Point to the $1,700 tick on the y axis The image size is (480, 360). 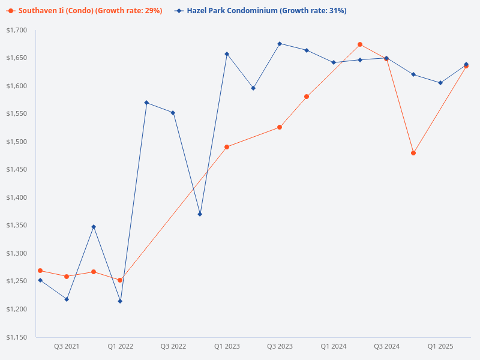(16, 30)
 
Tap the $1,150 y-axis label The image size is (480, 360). (16, 337)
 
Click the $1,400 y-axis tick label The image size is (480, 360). (16, 197)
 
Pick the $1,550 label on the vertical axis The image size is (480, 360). (16, 114)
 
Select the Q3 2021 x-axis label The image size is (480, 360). (67, 347)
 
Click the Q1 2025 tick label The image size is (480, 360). (440, 347)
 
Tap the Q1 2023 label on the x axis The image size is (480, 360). (227, 347)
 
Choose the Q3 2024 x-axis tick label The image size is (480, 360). (386, 347)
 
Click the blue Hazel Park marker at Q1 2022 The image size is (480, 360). (120, 301)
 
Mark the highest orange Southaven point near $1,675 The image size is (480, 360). (360, 44)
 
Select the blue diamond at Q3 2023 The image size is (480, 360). (280, 44)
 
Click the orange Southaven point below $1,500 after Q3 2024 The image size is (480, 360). (413, 153)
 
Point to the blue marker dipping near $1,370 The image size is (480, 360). (200, 214)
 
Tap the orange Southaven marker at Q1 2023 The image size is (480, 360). (227, 147)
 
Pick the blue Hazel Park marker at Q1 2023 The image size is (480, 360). (227, 54)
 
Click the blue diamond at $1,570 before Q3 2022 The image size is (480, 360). (146, 103)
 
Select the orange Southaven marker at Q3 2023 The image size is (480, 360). (280, 127)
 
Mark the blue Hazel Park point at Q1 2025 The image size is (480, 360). (440, 83)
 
